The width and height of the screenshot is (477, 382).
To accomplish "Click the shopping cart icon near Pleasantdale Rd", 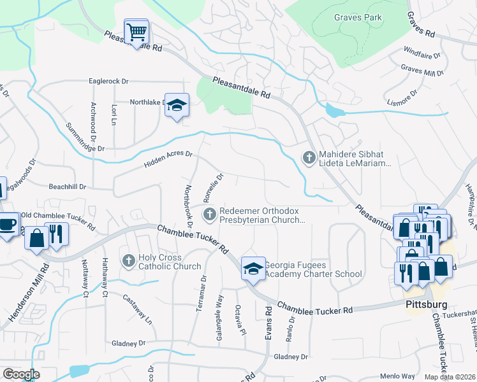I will click(x=136, y=31).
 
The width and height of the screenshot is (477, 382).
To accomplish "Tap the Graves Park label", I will click(x=358, y=17).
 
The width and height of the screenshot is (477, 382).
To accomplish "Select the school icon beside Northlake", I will click(x=176, y=106).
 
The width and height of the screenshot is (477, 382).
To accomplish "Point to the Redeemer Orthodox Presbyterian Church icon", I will click(x=209, y=216).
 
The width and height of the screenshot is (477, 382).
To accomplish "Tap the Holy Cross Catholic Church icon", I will click(x=128, y=261).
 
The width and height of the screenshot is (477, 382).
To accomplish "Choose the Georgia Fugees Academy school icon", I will click(x=253, y=269).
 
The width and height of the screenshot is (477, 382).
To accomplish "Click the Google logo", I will click(x=21, y=374).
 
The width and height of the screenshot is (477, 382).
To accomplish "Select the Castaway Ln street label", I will click(x=138, y=309).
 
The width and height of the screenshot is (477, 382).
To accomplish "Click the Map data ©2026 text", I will click(x=450, y=377).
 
